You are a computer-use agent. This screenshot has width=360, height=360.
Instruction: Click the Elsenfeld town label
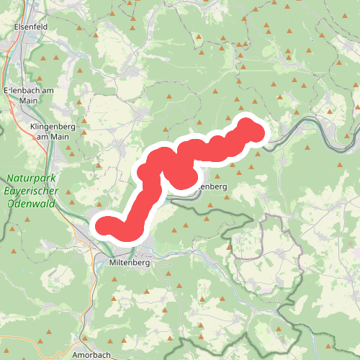coord(30,27)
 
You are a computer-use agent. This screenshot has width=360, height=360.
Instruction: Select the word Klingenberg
coord(53,126)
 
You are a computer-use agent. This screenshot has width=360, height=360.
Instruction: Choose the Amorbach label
coord(91,355)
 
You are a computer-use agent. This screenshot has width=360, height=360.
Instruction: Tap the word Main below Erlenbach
coord(29,101)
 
